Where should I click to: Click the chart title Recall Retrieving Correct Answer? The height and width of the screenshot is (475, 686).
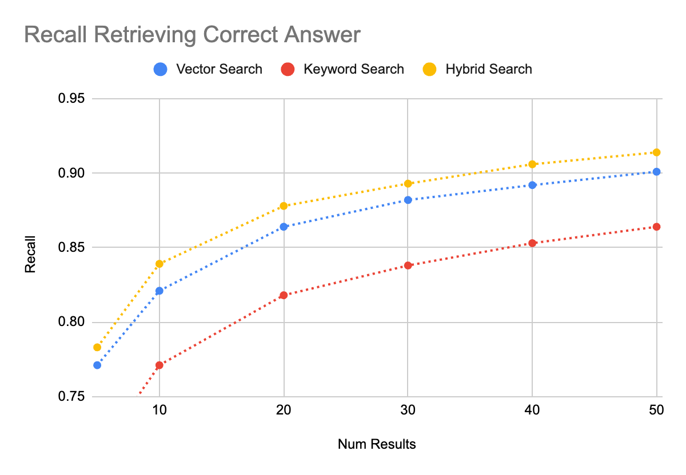click(x=192, y=35)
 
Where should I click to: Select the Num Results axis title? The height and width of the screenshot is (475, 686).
click(x=377, y=444)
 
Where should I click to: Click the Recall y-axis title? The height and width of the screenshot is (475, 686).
click(x=30, y=254)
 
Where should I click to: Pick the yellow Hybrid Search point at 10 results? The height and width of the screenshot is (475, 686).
click(x=159, y=264)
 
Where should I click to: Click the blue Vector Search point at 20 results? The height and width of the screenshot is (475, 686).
click(x=284, y=227)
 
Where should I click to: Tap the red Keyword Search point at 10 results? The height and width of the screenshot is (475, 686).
click(x=159, y=365)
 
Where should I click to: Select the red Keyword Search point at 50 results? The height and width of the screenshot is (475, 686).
click(x=656, y=227)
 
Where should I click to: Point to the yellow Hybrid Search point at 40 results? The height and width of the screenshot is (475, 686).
click(x=532, y=164)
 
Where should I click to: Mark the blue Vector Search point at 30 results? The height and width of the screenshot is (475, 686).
click(x=408, y=200)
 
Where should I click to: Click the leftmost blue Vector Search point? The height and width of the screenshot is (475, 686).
click(x=97, y=365)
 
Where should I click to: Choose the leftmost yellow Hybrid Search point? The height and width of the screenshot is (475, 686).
click(x=97, y=347)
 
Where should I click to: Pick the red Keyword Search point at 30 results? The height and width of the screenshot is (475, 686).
click(x=408, y=265)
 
